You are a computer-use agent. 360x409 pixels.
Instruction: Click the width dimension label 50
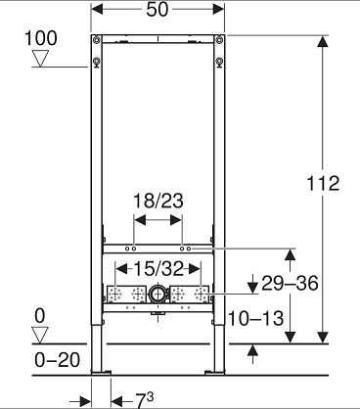click(157, 10)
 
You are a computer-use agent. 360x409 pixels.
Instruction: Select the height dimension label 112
click(323, 183)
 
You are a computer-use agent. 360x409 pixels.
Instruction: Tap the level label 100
click(41, 38)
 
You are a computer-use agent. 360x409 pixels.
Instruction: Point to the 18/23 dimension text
click(157, 201)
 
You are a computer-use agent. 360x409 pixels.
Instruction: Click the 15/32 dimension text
click(158, 269)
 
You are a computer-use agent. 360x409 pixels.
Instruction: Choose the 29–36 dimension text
click(290, 283)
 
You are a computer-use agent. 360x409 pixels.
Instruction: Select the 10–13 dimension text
click(255, 318)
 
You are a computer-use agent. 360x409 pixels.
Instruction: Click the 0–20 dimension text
click(57, 360)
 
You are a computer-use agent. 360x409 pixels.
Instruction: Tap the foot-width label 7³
click(144, 400)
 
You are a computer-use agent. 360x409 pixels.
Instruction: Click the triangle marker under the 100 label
click(40, 59)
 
